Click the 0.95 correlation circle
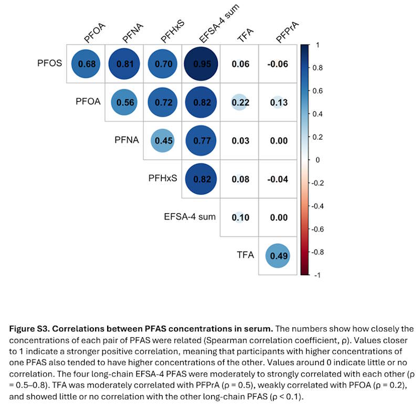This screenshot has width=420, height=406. [201, 64]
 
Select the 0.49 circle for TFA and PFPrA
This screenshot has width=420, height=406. [278, 256]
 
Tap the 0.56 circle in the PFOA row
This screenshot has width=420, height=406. [124, 102]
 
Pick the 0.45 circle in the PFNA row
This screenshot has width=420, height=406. [163, 140]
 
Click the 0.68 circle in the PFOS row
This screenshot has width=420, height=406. [86, 64]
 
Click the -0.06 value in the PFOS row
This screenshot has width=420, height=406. [278, 64]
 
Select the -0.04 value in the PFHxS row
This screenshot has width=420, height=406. [278, 179]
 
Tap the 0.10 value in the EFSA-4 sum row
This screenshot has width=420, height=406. [240, 217]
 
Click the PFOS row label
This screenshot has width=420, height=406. [49, 63]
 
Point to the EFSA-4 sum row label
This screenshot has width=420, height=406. [190, 216]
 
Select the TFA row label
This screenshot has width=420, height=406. [245, 255]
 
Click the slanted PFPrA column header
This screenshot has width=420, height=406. [287, 32]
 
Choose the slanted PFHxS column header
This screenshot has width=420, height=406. [173, 32]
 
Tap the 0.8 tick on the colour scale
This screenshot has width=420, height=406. [318, 68]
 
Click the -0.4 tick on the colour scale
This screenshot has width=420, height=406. [318, 206]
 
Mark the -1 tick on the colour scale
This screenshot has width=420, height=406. [317, 275]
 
